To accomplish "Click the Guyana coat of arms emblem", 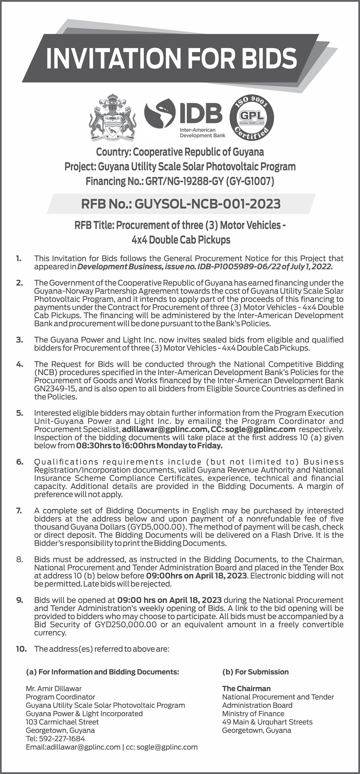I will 112,118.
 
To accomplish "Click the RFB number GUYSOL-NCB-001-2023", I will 207,204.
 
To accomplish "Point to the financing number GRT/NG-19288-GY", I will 185,181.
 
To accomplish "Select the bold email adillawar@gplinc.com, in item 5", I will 164,429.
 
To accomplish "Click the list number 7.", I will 19,511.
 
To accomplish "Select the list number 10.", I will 21,649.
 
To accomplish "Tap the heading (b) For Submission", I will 255,672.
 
